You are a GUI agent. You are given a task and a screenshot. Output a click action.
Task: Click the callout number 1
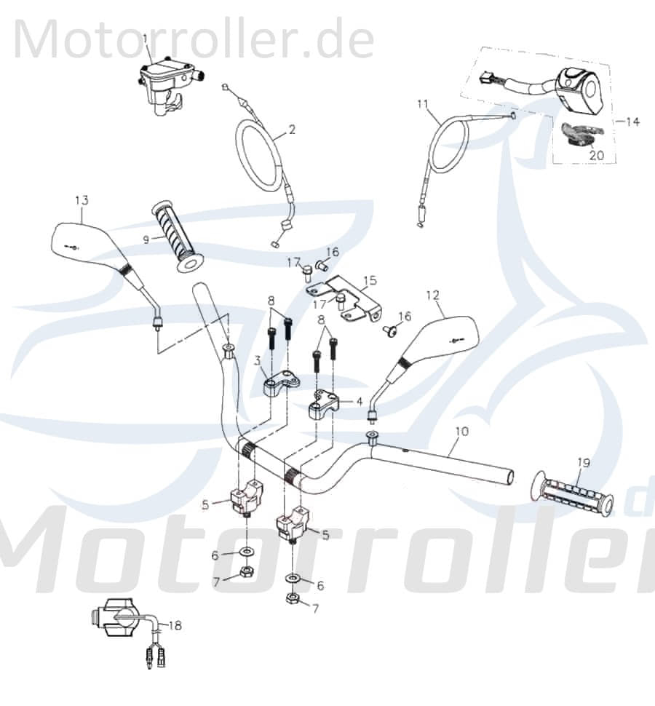[145, 37]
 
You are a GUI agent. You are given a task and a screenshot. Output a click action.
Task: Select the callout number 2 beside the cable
[292, 130]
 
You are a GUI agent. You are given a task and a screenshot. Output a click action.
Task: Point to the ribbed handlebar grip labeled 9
[178, 237]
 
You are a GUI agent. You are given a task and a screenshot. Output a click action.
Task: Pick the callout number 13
[81, 200]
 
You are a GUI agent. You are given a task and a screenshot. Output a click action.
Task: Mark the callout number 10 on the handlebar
[461, 432]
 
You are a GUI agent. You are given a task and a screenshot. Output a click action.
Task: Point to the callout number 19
[583, 461]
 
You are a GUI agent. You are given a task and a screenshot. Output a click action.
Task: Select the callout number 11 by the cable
[423, 104]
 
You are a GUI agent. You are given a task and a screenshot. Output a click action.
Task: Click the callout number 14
[632, 122]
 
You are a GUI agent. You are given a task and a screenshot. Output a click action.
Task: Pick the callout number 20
[596, 155]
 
